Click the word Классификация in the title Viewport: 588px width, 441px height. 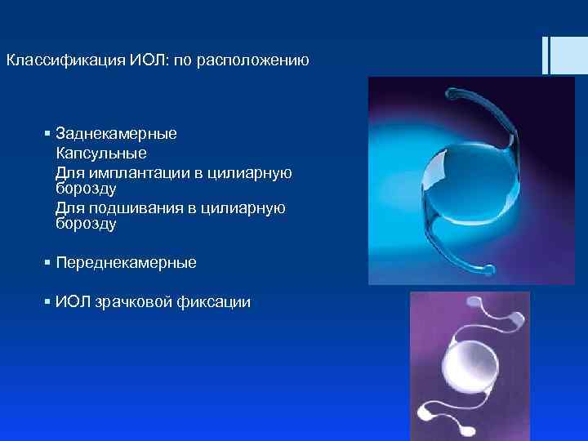coord(64,60)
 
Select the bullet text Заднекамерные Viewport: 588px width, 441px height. coord(116,133)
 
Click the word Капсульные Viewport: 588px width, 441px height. coord(101,153)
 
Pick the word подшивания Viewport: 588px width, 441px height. coord(133,208)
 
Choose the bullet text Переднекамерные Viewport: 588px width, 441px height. coord(126,263)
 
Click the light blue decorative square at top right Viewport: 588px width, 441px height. coord(568,55)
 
